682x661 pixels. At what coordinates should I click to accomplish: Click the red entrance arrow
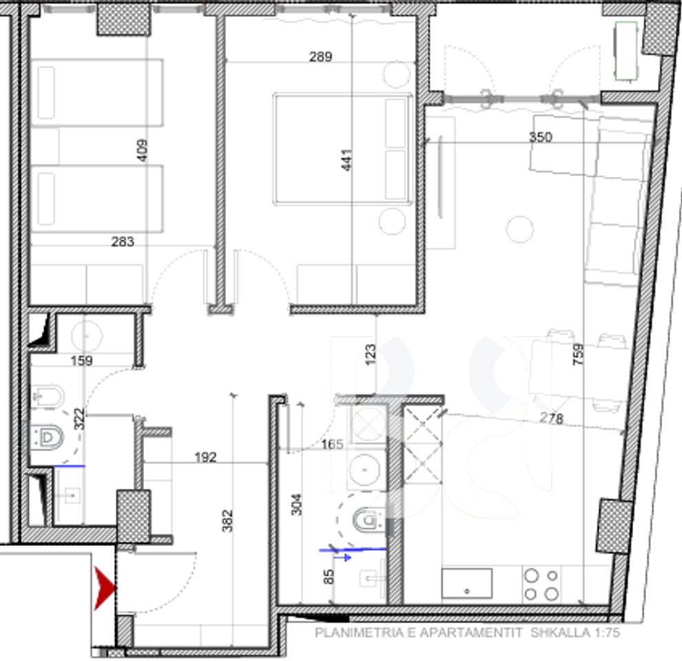click(105, 587)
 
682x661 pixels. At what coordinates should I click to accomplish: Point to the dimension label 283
click(123, 242)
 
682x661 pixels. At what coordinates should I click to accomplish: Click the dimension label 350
click(541, 137)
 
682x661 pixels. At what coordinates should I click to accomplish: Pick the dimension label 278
click(552, 418)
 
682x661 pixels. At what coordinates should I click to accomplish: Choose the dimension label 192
click(205, 457)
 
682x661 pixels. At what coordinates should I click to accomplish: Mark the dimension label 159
click(81, 360)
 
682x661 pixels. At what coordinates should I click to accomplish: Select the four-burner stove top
click(541, 585)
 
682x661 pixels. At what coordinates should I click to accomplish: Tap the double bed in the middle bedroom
click(342, 149)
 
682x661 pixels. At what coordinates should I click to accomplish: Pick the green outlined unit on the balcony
click(626, 52)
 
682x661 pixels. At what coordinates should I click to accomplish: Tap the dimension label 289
click(320, 57)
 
